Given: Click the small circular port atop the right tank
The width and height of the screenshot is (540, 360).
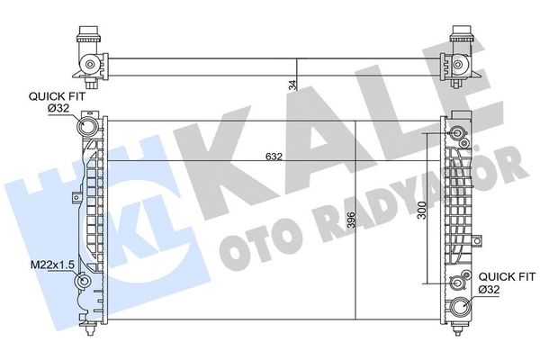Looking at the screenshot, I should [x=460, y=135].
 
